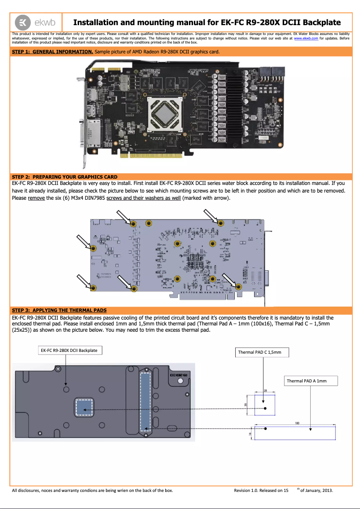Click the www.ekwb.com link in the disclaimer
pos(306,39)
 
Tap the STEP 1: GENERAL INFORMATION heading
pos(53,52)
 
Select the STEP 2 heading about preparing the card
pos(65,176)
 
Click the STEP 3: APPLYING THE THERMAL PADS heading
pos(59,310)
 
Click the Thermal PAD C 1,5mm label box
pos(262,352)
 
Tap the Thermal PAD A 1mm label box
pos(311,381)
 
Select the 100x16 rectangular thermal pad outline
pos(295,433)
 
